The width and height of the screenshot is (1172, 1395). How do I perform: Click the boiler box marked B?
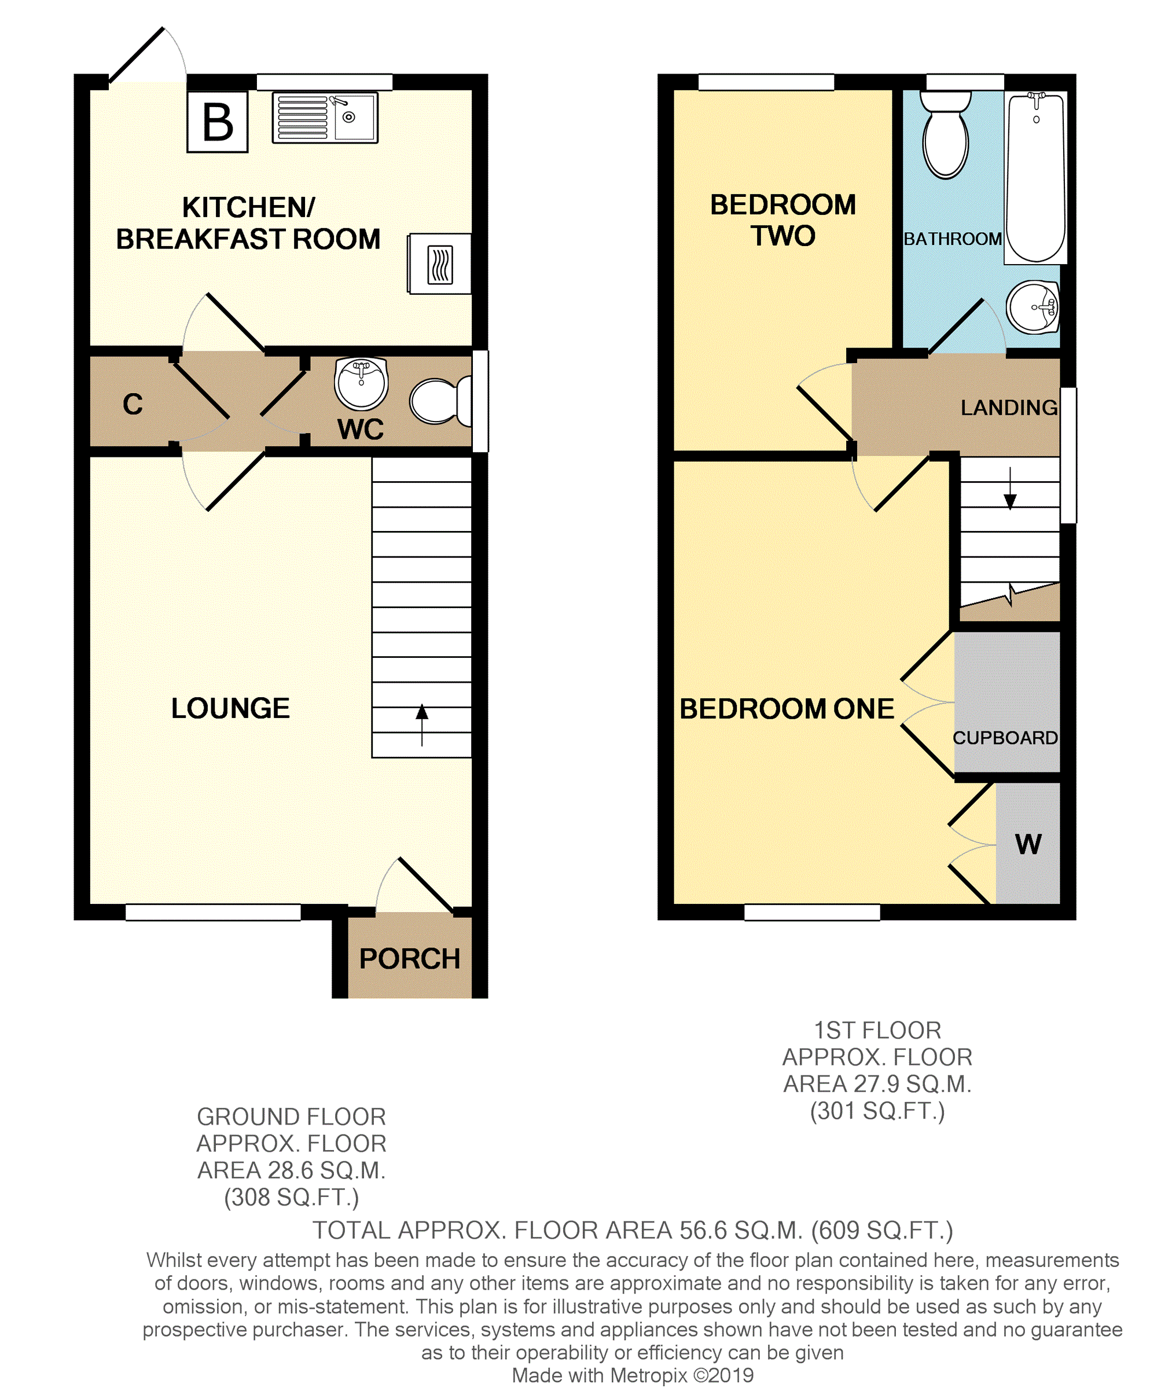click(x=217, y=122)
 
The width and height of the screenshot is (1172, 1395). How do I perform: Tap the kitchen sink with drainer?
click(x=325, y=118)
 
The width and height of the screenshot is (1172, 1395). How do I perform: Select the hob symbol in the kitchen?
click(x=439, y=264)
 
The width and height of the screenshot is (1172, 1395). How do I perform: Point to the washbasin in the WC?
click(x=361, y=383)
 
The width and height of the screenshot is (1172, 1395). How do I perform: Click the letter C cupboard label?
click(x=133, y=404)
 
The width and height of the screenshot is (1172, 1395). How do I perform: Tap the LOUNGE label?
click(x=230, y=708)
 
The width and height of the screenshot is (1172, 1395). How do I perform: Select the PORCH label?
click(x=409, y=959)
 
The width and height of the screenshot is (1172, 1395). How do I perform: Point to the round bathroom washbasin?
click(x=1033, y=307)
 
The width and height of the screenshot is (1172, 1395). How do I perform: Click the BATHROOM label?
click(x=952, y=239)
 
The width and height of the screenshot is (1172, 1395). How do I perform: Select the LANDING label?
click(x=1009, y=408)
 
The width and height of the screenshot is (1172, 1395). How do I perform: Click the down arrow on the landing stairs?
click(x=1010, y=489)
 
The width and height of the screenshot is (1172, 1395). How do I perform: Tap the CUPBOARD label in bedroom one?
click(x=1005, y=738)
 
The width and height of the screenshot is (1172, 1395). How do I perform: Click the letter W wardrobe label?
click(x=1028, y=845)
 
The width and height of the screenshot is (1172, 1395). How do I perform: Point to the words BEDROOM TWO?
click(x=782, y=220)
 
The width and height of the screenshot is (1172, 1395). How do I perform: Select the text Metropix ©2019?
click(x=682, y=1375)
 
